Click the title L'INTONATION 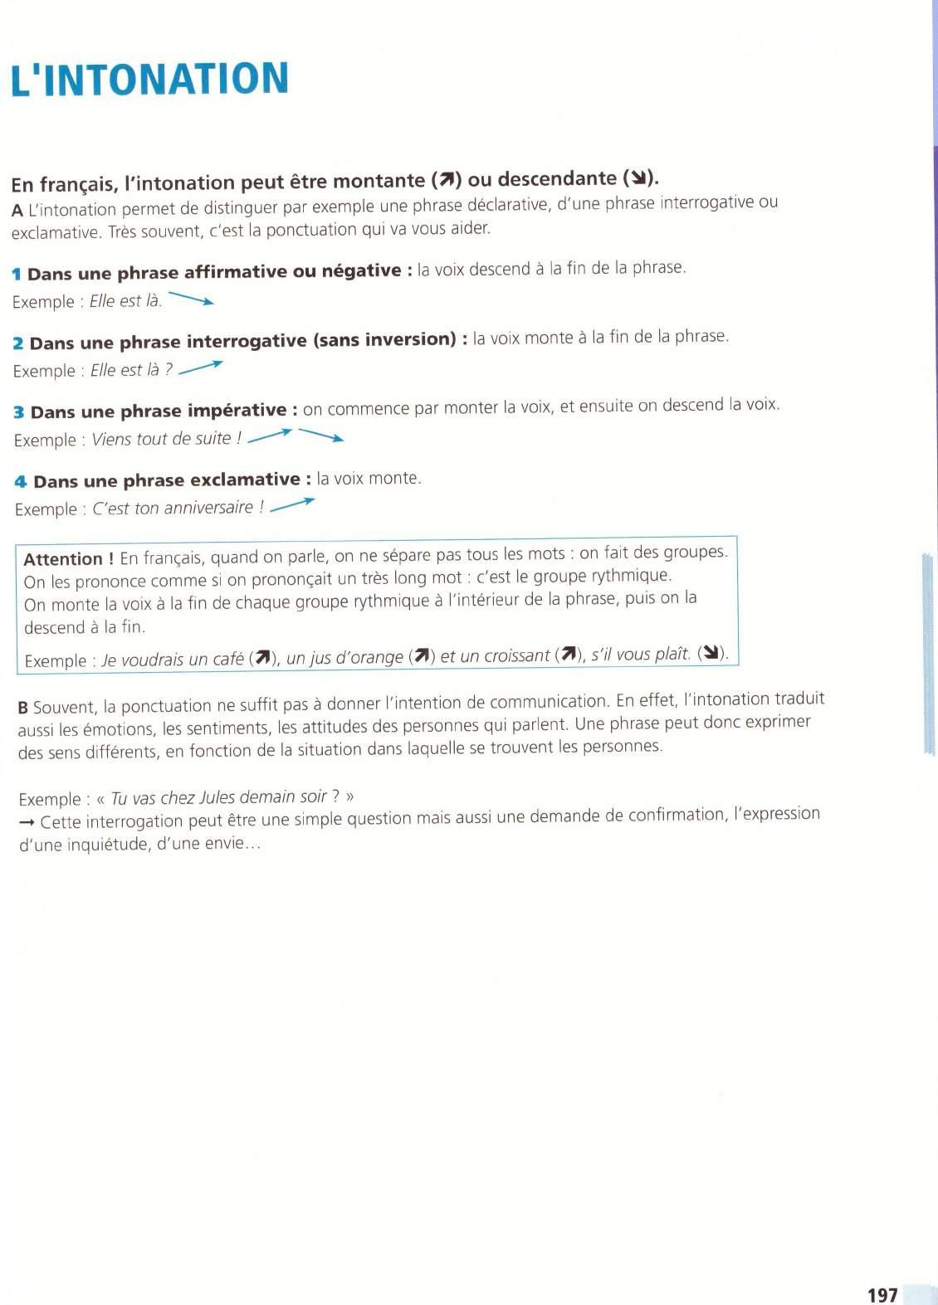[149, 80]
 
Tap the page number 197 [882, 1294]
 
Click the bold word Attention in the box [63, 559]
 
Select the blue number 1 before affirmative [17, 275]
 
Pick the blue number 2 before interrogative [18, 343]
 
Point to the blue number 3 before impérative [19, 412]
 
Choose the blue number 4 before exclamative [21, 482]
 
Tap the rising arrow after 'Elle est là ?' [201, 368]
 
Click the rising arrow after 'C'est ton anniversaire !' [293, 504]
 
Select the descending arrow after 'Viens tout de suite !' [321, 435]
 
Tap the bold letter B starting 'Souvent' [23, 708]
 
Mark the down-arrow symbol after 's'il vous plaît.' [711, 653]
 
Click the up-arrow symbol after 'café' [263, 659]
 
